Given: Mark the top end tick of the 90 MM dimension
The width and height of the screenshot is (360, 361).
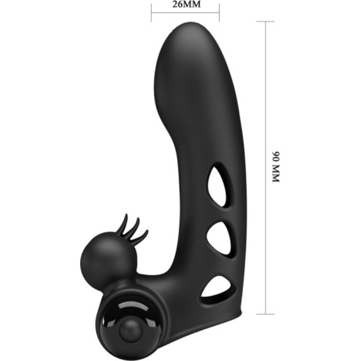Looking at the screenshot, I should coord(265,21).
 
